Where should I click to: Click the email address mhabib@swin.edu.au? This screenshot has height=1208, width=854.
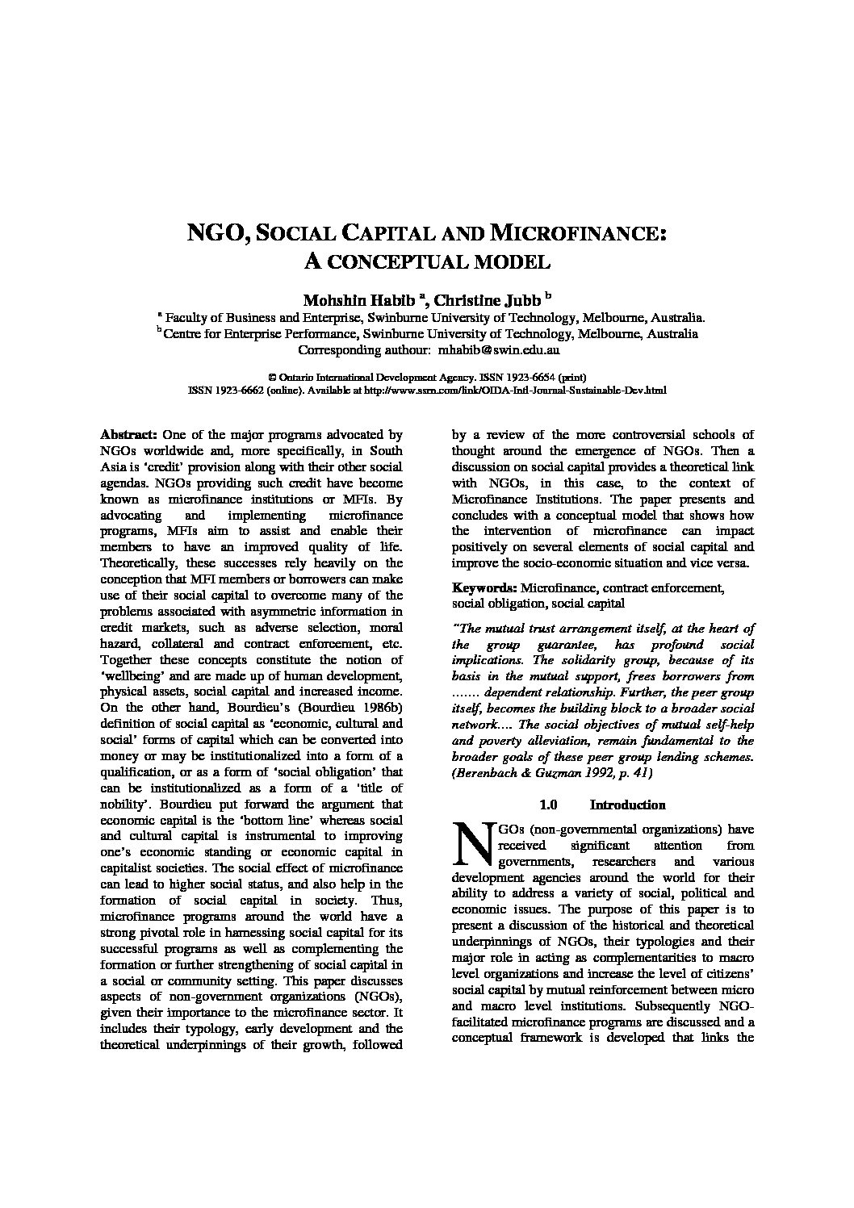click(x=499, y=350)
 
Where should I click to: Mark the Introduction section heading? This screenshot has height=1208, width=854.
click(x=627, y=805)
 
